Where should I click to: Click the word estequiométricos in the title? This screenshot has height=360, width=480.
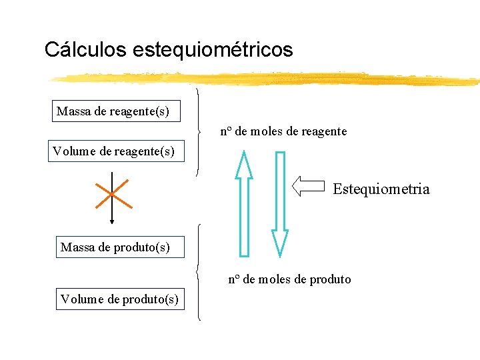click(213, 50)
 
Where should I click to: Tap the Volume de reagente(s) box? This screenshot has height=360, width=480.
click(113, 151)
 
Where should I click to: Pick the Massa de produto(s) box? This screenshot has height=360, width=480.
click(115, 247)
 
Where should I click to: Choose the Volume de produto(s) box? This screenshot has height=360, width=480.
click(119, 299)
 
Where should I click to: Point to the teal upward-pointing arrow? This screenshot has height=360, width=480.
click(244, 203)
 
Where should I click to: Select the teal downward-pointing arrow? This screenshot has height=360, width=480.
click(280, 203)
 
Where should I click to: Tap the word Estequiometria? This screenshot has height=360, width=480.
click(381, 189)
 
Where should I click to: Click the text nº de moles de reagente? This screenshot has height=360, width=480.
click(283, 131)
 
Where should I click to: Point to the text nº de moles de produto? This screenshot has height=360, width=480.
click(289, 279)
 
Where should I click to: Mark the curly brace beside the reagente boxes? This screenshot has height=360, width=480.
click(199, 131)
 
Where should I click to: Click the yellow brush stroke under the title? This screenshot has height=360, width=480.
click(267, 79)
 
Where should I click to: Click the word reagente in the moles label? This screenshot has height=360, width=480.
click(325, 131)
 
